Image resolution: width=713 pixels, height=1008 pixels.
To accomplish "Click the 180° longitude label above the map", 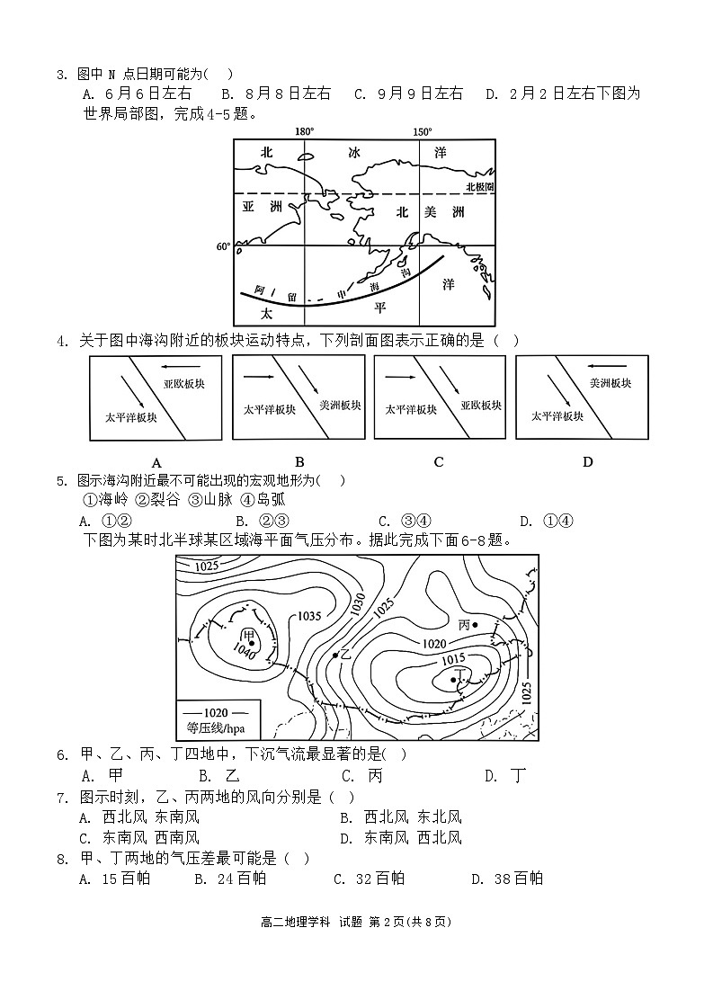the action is (x=304, y=131).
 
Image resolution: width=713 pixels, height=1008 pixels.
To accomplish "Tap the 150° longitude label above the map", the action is (x=422, y=131).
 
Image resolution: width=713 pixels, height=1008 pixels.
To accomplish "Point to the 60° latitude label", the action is (x=223, y=245).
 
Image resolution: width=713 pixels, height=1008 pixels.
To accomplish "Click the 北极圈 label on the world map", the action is (x=478, y=186).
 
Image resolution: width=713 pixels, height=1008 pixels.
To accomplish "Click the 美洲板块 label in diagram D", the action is (x=610, y=383).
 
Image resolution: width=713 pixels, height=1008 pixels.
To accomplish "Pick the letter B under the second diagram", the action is (x=299, y=462).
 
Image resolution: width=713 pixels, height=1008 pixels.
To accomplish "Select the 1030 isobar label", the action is (x=357, y=604).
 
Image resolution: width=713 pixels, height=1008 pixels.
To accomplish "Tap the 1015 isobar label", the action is (x=453, y=660).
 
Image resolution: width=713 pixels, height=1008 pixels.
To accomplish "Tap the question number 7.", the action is (x=62, y=798).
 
